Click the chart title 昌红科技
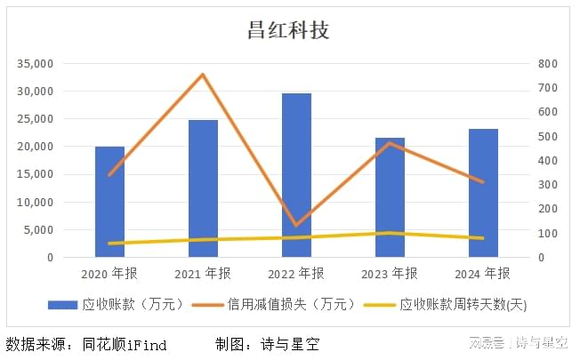288,30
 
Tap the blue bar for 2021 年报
203,189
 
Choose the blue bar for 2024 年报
483,194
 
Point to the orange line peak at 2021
203,75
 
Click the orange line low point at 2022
296,226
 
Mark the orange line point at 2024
483,182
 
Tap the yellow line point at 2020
109,243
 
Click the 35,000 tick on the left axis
36,64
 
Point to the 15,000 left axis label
36,174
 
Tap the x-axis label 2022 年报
296,273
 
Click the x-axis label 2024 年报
483,273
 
